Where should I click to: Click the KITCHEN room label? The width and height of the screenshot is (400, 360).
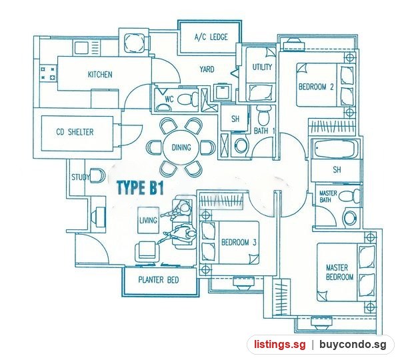click(x=100, y=75)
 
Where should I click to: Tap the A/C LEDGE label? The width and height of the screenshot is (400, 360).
click(x=211, y=37)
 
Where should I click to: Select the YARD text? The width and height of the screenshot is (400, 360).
click(x=207, y=69)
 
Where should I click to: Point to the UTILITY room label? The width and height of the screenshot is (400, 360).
click(x=262, y=67)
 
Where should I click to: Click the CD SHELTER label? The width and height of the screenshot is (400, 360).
click(x=75, y=132)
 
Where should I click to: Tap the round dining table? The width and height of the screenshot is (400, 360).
click(x=181, y=147)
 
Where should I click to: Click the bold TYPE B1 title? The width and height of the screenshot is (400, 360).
click(x=140, y=188)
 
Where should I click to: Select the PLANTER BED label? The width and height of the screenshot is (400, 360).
click(x=159, y=280)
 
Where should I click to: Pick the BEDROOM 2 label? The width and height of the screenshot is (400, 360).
click(x=316, y=87)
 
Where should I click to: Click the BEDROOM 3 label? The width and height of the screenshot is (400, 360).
click(x=239, y=242)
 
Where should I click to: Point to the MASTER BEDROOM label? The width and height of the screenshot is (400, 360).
click(x=339, y=272)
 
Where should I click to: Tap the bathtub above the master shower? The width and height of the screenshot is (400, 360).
click(x=334, y=149)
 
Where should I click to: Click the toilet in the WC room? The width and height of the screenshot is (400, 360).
click(x=187, y=99)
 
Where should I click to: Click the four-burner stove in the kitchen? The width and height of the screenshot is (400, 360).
click(x=48, y=73)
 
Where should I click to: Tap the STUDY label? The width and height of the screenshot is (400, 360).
click(x=81, y=177)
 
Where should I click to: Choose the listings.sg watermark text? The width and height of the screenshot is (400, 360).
click(x=279, y=345)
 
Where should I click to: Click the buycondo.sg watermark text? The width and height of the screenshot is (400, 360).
click(x=353, y=345)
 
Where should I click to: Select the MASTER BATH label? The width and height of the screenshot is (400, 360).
click(x=328, y=197)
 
